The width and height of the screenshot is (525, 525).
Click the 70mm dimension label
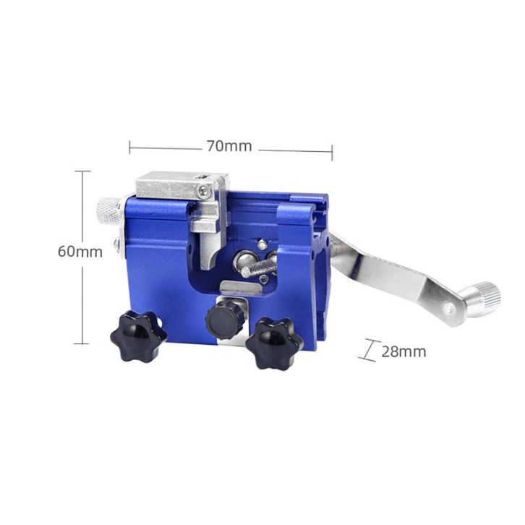(229, 146)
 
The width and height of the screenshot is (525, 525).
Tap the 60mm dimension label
(80, 252)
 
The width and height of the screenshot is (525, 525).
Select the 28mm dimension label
(404, 351)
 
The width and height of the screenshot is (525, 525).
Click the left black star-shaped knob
(139, 336)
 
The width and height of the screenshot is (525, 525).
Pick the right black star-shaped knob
(274, 343)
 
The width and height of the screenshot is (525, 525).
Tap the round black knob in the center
(224, 320)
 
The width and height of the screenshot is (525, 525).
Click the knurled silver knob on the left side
(108, 211)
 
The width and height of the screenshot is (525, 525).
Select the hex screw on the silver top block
(203, 191)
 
